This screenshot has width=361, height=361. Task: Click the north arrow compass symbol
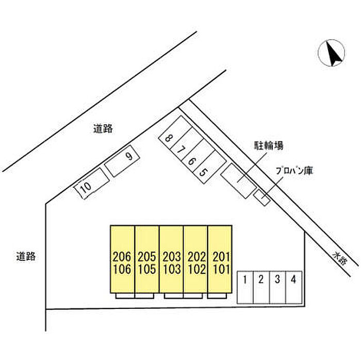tap(331, 53)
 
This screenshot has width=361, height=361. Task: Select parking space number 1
tap(245, 287)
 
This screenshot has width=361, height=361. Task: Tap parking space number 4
tap(294, 287)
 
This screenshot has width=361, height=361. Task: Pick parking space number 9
tap(122, 161)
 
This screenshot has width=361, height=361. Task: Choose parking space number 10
tap(91, 184)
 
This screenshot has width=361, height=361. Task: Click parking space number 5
tap(209, 167)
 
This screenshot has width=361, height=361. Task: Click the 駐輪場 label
tap(269, 145)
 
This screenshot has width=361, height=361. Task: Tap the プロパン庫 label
tap(294, 171)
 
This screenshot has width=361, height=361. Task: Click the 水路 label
tap(339, 258)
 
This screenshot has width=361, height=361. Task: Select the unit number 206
tap(122, 257)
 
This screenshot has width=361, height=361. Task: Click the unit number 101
tap(221, 269)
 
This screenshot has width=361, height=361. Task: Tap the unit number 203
tap(172, 257)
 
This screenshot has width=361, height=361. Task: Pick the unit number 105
tap(147, 269)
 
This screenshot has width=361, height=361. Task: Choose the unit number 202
tap(196, 257)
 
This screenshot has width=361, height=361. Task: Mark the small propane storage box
tap(261, 198)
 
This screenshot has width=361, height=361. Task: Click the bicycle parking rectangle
tap(238, 180)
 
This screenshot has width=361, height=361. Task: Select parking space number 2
tap(261, 287)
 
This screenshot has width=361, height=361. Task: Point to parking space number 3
tap(277, 287)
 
